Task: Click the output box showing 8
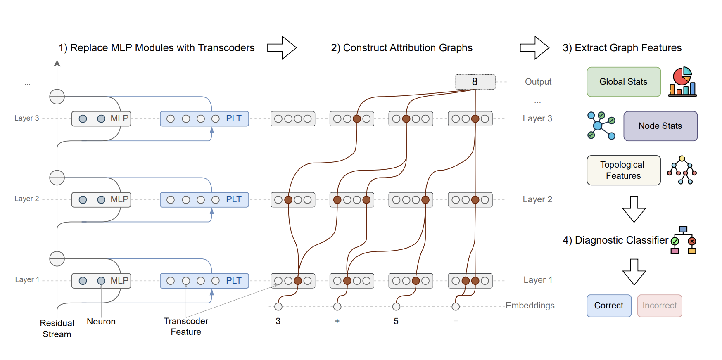coord(475,82)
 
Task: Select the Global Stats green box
coord(623,82)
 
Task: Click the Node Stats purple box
coord(660,126)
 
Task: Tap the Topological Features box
coord(623,170)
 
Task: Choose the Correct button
coord(608,306)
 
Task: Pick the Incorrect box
coord(659,306)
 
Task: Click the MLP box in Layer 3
coord(101,118)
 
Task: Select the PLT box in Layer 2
coord(204,199)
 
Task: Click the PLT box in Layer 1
coord(204,281)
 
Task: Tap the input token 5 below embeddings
coord(396,321)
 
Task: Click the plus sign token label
coord(337,321)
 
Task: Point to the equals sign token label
coord(455,321)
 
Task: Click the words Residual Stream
coord(57,329)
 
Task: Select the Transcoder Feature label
coord(186,326)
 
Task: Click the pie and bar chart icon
coord(682,82)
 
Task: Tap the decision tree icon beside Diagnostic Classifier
coord(683,240)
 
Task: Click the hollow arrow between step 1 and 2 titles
coord(282,48)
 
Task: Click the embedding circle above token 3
coord(278,306)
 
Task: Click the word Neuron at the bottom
coord(101,322)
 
